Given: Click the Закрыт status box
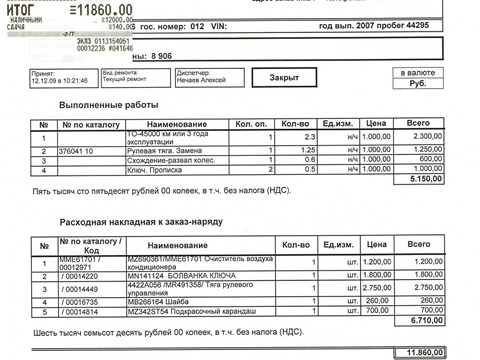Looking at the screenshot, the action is (291, 77).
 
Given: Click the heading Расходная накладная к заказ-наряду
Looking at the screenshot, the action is (126, 223).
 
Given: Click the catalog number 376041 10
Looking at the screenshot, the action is (77, 149).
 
